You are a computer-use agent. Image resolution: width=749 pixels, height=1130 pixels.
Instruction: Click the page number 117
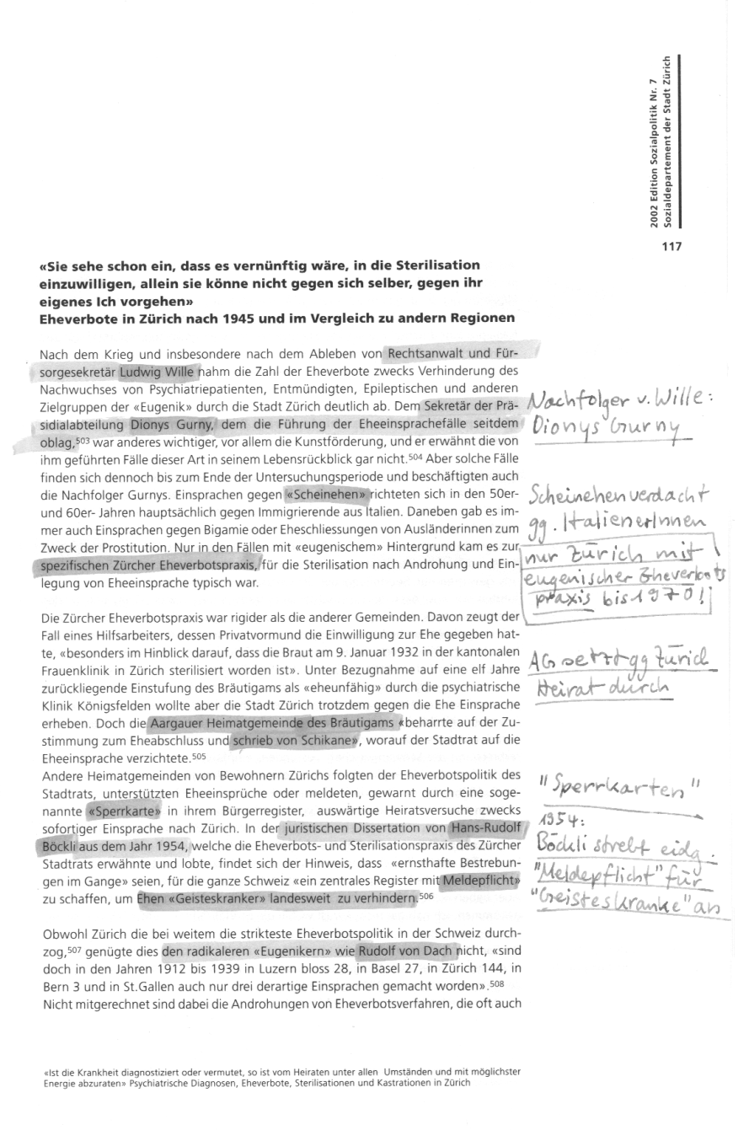point(671,247)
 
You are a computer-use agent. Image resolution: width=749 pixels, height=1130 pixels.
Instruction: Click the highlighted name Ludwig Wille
point(158,370)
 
